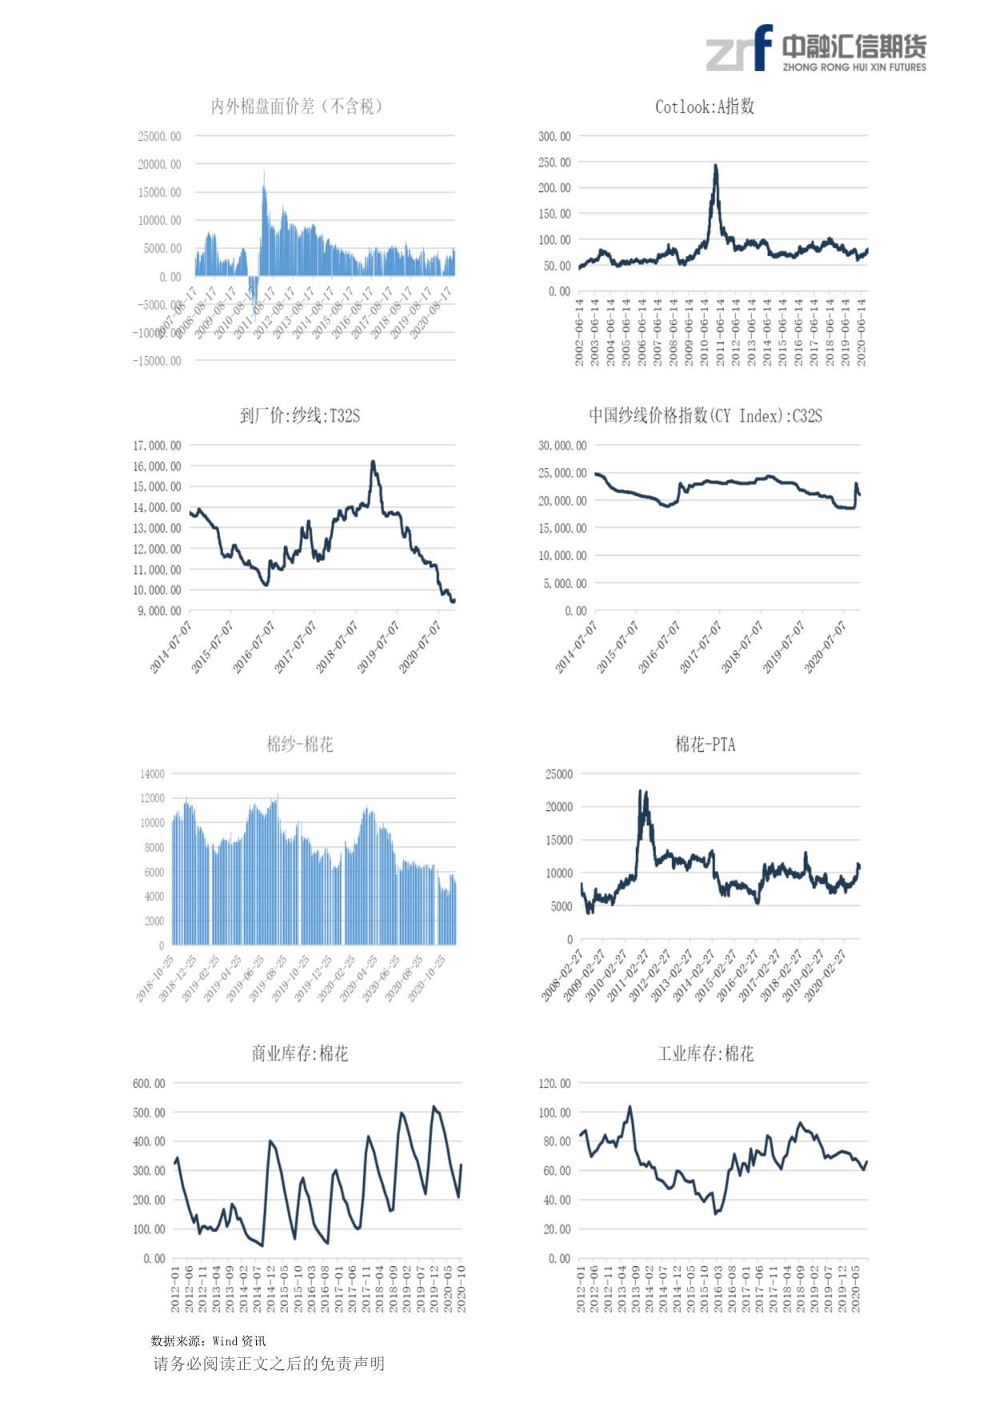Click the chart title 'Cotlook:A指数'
(704, 106)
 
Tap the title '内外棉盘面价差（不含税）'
(297, 106)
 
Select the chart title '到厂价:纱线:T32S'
(300, 416)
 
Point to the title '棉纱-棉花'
(300, 745)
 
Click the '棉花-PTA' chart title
(705, 745)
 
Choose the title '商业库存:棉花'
(300, 1053)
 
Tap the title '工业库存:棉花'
(705, 1053)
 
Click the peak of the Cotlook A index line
(716, 166)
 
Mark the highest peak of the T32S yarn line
(373, 462)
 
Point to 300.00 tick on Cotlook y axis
(554, 137)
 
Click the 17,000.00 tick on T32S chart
(158, 445)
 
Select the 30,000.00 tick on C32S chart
(562, 445)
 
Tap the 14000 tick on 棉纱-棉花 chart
(153, 774)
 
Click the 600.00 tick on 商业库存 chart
(150, 1084)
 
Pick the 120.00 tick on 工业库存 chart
(555, 1084)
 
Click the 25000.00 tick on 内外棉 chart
(159, 137)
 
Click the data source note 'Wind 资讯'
(239, 1341)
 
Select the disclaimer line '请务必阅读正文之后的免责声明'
(269, 1364)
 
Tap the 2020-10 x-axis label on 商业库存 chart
(461, 1288)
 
